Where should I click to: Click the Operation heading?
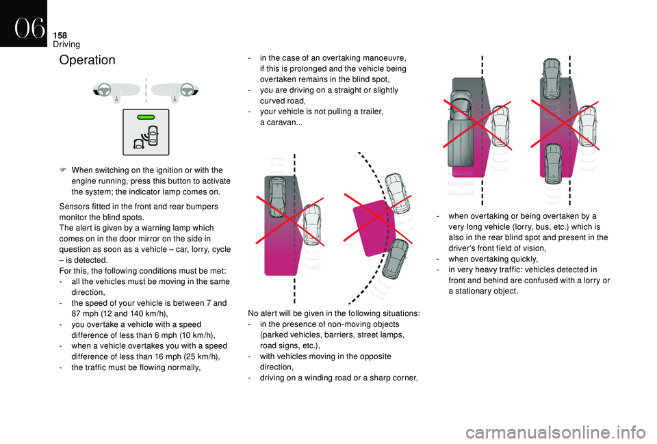pyautogui.click(x=88, y=60)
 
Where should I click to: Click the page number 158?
pyautogui.click(x=62, y=32)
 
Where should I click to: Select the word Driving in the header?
pyautogui.click(x=66, y=44)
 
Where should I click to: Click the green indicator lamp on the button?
pyautogui.click(x=146, y=117)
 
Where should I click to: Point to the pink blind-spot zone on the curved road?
pyautogui.click(x=376, y=222)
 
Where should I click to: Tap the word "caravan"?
pyautogui.click(x=281, y=122)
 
